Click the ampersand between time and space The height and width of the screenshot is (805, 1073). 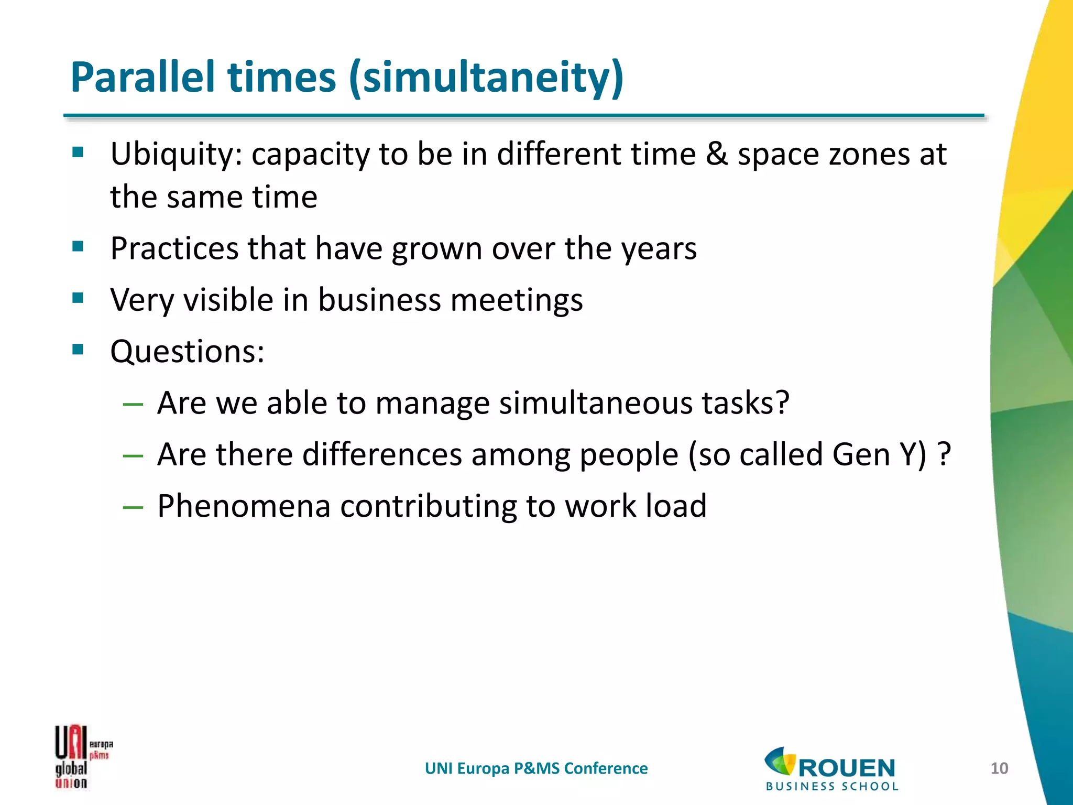(x=716, y=155)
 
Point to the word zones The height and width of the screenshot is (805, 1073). (x=862, y=155)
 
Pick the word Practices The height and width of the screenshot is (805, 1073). (x=174, y=248)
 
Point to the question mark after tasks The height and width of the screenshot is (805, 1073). (x=781, y=403)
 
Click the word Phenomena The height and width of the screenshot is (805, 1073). (x=244, y=506)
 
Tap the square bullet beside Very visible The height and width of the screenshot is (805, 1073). (x=78, y=299)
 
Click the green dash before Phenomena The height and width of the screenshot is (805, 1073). (x=133, y=507)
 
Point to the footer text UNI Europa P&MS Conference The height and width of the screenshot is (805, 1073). (x=536, y=768)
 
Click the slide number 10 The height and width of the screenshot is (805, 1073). (x=999, y=768)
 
